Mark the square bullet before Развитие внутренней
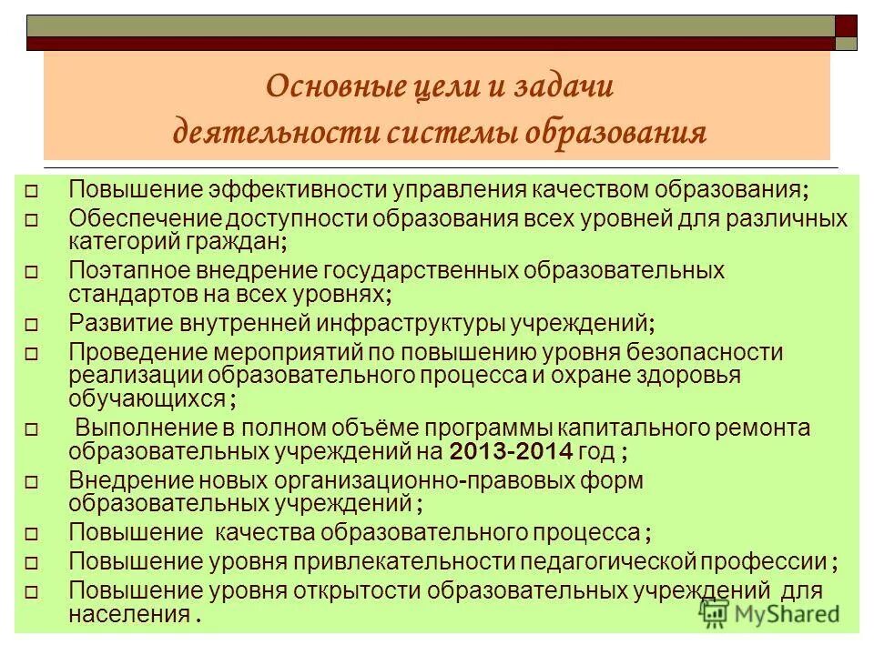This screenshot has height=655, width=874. [x=31, y=324]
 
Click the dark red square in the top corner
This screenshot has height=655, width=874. [x=847, y=25]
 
